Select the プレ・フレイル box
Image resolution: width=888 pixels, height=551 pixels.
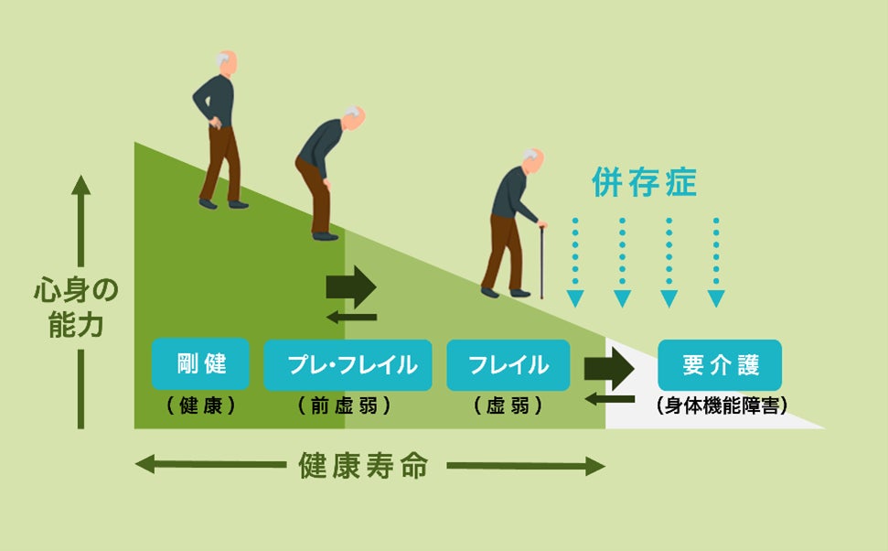click(347, 364)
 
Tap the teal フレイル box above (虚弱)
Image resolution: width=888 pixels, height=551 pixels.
click(508, 364)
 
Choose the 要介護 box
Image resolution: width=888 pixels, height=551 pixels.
click(721, 364)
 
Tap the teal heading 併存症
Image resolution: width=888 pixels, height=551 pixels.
click(644, 183)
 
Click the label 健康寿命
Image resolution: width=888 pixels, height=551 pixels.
click(363, 466)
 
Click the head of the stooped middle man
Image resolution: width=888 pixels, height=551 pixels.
click(354, 118)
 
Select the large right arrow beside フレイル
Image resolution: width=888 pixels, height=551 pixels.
click(609, 368)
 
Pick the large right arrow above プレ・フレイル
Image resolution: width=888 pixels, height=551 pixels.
click(351, 286)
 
